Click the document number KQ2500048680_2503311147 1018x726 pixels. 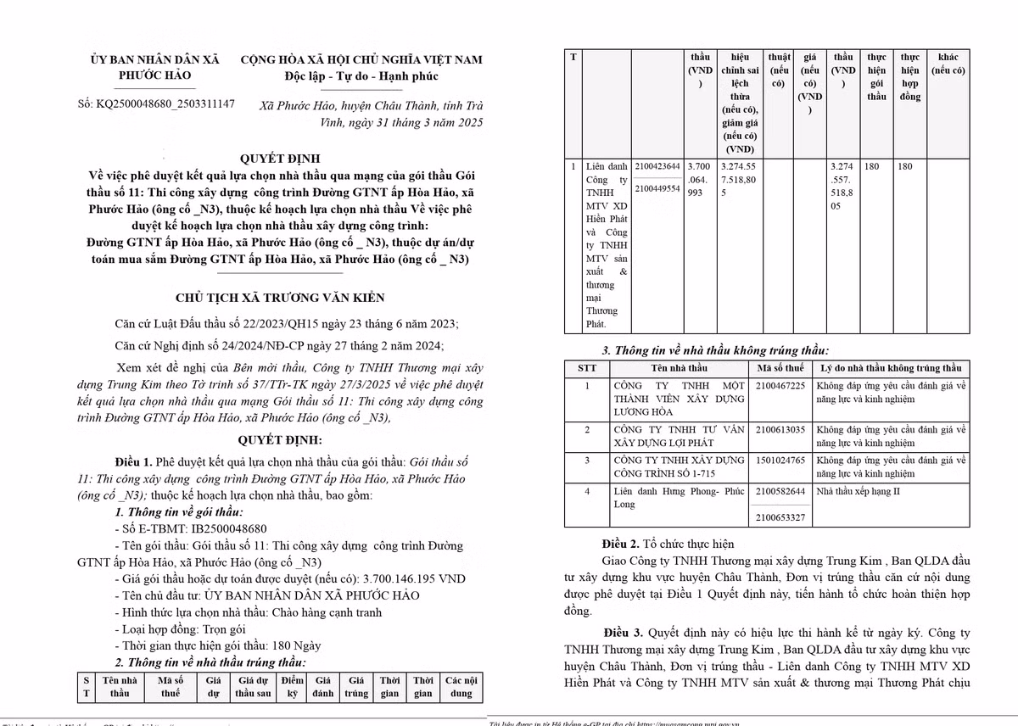coord(168,104)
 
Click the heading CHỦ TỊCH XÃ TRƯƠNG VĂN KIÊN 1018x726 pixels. coord(280,298)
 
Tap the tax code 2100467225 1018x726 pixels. coord(780,386)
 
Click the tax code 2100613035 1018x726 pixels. coord(780,430)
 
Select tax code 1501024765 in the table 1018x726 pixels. coord(780,460)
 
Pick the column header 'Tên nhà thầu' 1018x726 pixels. coord(679,368)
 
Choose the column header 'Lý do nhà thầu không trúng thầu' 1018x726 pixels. coord(891,368)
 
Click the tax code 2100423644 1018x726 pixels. coord(657,166)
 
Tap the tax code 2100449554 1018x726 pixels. coord(657,188)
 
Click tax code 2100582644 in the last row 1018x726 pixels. coord(780,491)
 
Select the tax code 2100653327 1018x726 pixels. coord(780,517)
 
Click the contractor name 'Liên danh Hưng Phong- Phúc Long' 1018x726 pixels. coord(678,497)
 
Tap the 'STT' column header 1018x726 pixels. coord(586,368)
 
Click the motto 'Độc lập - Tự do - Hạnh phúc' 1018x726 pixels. coord(361,77)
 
